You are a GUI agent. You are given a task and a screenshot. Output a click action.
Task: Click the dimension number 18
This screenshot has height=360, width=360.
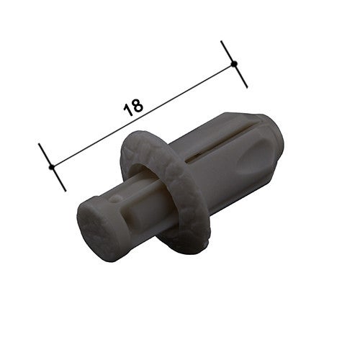(133, 107)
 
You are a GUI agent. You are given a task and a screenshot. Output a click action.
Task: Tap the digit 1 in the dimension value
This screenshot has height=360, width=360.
(127, 110)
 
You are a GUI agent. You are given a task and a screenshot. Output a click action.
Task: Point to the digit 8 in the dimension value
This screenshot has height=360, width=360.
(138, 105)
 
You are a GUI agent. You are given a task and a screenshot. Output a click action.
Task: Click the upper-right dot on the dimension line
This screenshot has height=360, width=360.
(234, 63)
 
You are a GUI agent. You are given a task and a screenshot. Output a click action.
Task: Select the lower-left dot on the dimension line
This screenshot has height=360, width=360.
(51, 167)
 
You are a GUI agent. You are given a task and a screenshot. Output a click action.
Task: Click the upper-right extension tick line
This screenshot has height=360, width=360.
(234, 64)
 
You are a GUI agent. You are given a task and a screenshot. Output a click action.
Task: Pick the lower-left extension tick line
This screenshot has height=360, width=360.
(52, 167)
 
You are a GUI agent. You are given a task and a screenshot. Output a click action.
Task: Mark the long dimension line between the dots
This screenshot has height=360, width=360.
(143, 115)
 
